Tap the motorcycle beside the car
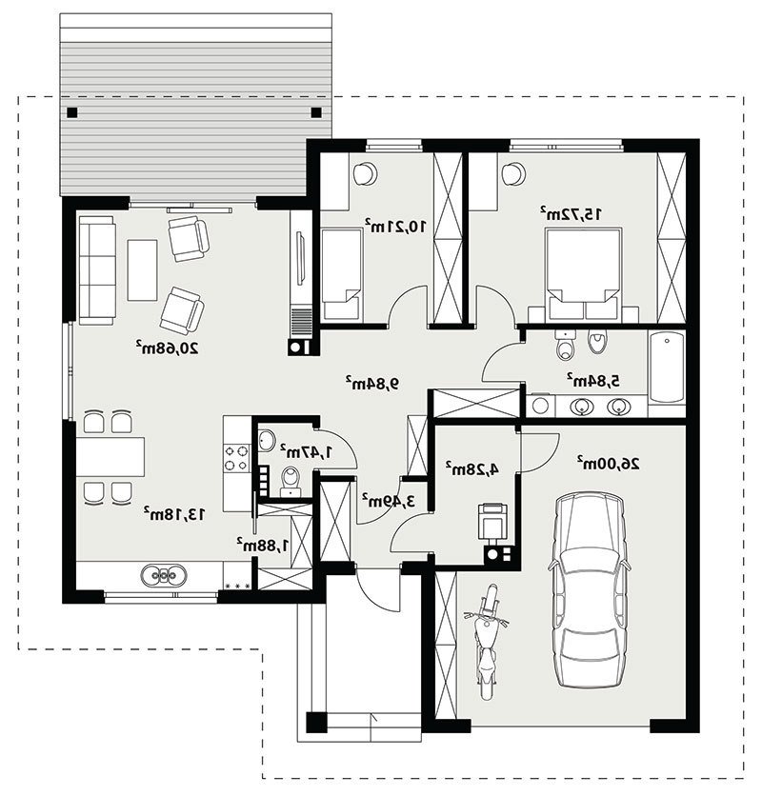486,641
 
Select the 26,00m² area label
608,463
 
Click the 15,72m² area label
571,213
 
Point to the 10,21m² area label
394,226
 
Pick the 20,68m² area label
167,348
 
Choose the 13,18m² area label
174,514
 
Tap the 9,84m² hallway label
372,384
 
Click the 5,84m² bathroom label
593,381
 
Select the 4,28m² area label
472,469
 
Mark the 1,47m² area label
307,451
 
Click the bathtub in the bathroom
667,367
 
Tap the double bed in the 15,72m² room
583,274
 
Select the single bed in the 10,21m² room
341,274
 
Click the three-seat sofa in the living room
96,270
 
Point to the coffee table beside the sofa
142,270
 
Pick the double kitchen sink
164,575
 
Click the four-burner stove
237,457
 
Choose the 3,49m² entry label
389,501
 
